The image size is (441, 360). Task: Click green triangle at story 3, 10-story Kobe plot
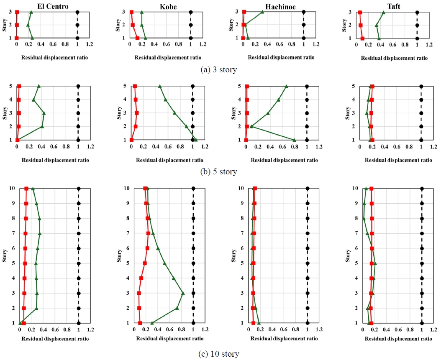click(183, 293)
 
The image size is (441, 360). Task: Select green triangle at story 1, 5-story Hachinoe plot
click(294, 140)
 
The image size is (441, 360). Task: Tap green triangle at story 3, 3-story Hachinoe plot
click(262, 12)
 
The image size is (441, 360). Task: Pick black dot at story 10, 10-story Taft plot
click(422, 189)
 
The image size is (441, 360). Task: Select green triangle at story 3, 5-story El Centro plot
click(44, 113)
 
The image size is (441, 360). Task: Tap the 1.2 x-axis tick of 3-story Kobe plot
click(203, 44)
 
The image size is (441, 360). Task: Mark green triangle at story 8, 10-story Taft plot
click(364, 219)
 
